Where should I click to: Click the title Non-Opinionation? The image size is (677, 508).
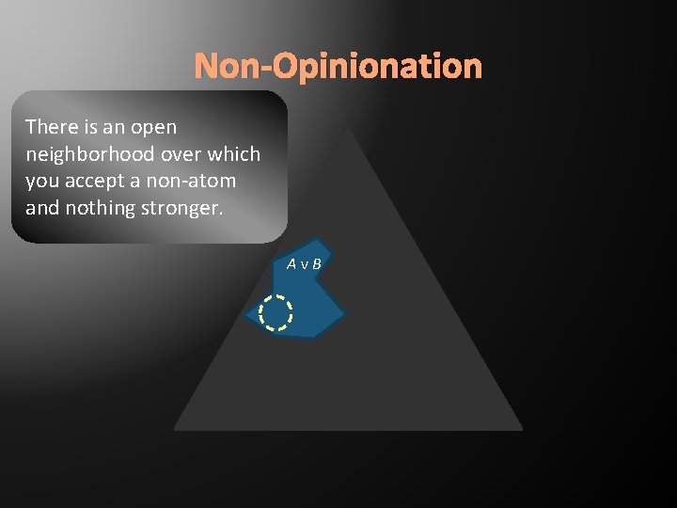tap(338, 67)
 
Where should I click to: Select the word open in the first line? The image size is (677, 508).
tap(155, 126)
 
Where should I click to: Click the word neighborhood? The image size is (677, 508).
tap(86, 153)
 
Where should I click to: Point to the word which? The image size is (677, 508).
tap(235, 153)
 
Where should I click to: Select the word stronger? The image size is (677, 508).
tap(182, 208)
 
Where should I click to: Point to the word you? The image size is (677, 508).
tap(42, 181)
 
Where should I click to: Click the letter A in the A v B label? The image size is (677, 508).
tap(292, 264)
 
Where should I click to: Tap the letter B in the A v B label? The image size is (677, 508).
tap(317, 264)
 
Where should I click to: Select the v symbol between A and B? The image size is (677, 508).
tap(305, 265)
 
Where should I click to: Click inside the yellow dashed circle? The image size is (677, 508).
tap(276, 313)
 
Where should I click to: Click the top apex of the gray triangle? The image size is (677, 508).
tap(348, 130)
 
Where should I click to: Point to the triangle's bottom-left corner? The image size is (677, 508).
tap(176, 428)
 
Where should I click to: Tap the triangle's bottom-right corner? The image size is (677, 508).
tap(520, 428)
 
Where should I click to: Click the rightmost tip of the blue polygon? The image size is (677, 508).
tap(345, 312)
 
